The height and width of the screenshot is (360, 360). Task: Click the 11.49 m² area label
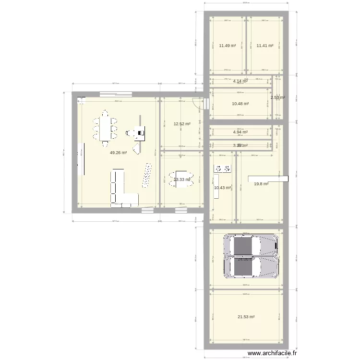228,46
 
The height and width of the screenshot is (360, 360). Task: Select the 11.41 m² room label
264,46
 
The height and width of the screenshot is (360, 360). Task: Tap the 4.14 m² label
240,81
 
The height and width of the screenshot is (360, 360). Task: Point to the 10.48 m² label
240,104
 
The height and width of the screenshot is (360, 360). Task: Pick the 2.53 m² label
277,98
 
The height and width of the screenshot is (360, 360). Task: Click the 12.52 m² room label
182,124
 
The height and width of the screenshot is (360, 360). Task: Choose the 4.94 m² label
240,132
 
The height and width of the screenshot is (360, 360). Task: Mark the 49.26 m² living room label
118,153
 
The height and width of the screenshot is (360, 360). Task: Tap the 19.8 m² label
261,183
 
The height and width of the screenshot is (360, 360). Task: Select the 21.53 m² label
246,317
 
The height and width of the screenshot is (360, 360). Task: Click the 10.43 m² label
222,188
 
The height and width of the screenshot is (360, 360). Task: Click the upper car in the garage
251,245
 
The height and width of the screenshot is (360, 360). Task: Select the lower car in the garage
251,267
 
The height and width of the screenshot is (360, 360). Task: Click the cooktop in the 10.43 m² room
223,168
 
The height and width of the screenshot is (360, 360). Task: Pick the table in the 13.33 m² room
181,179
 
